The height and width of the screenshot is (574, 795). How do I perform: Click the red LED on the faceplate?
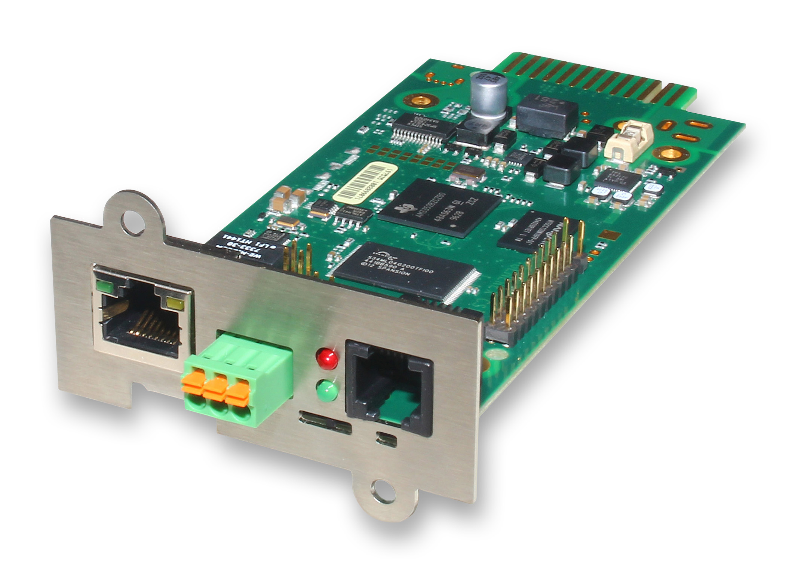click(327, 357)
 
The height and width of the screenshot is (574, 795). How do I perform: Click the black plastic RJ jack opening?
click(389, 389)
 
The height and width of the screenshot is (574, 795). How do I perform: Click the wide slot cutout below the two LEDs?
click(325, 426)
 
